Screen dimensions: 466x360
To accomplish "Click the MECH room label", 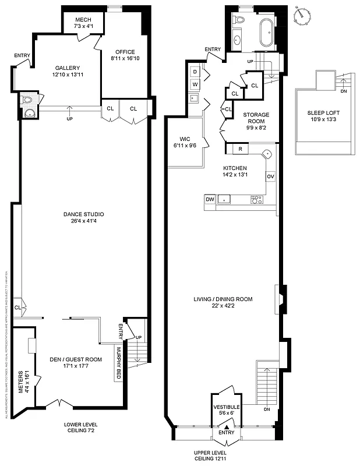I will tap(83, 19).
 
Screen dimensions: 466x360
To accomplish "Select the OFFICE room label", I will tap(125, 51).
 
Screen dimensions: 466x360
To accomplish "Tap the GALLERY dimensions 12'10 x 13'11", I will tap(68, 75).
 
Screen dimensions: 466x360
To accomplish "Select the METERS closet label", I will tap(21, 382).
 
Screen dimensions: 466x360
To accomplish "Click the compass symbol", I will tap(302, 15).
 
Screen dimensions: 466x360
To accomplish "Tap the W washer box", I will tap(195, 84).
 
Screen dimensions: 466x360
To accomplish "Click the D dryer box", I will tap(195, 72).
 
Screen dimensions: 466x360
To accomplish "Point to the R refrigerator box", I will tap(241, 150).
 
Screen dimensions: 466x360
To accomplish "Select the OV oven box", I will tap(270, 176).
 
